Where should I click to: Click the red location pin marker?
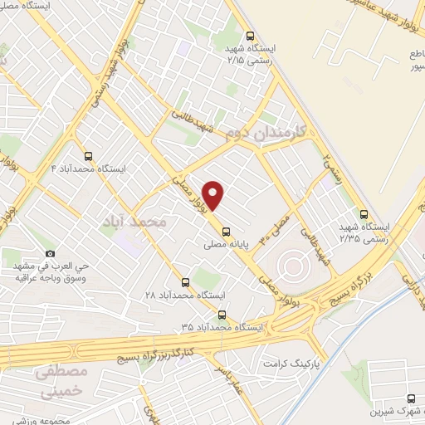[214, 195]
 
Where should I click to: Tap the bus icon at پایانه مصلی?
[227, 233]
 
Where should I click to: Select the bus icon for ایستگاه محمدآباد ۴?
[88, 155]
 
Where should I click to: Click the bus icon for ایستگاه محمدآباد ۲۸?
[184, 282]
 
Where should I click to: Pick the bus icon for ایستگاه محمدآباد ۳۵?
[222, 314]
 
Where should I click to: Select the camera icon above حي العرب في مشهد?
[51, 253]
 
